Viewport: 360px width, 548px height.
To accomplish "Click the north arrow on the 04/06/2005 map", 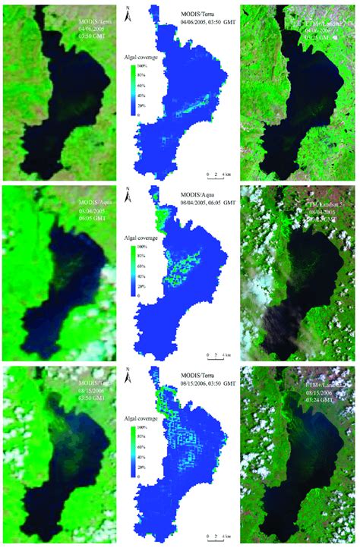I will (x=130, y=11).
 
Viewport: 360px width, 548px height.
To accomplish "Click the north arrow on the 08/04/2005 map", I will (x=130, y=195).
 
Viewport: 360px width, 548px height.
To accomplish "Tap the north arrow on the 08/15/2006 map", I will (x=130, y=375).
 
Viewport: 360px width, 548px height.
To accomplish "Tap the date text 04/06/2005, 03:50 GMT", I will (x=201, y=23).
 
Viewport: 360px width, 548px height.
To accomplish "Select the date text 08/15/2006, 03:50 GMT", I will (x=201, y=385).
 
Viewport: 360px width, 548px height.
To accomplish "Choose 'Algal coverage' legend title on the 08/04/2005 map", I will (x=144, y=238).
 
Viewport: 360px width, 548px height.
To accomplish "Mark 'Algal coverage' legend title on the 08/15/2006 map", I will (x=144, y=417).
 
